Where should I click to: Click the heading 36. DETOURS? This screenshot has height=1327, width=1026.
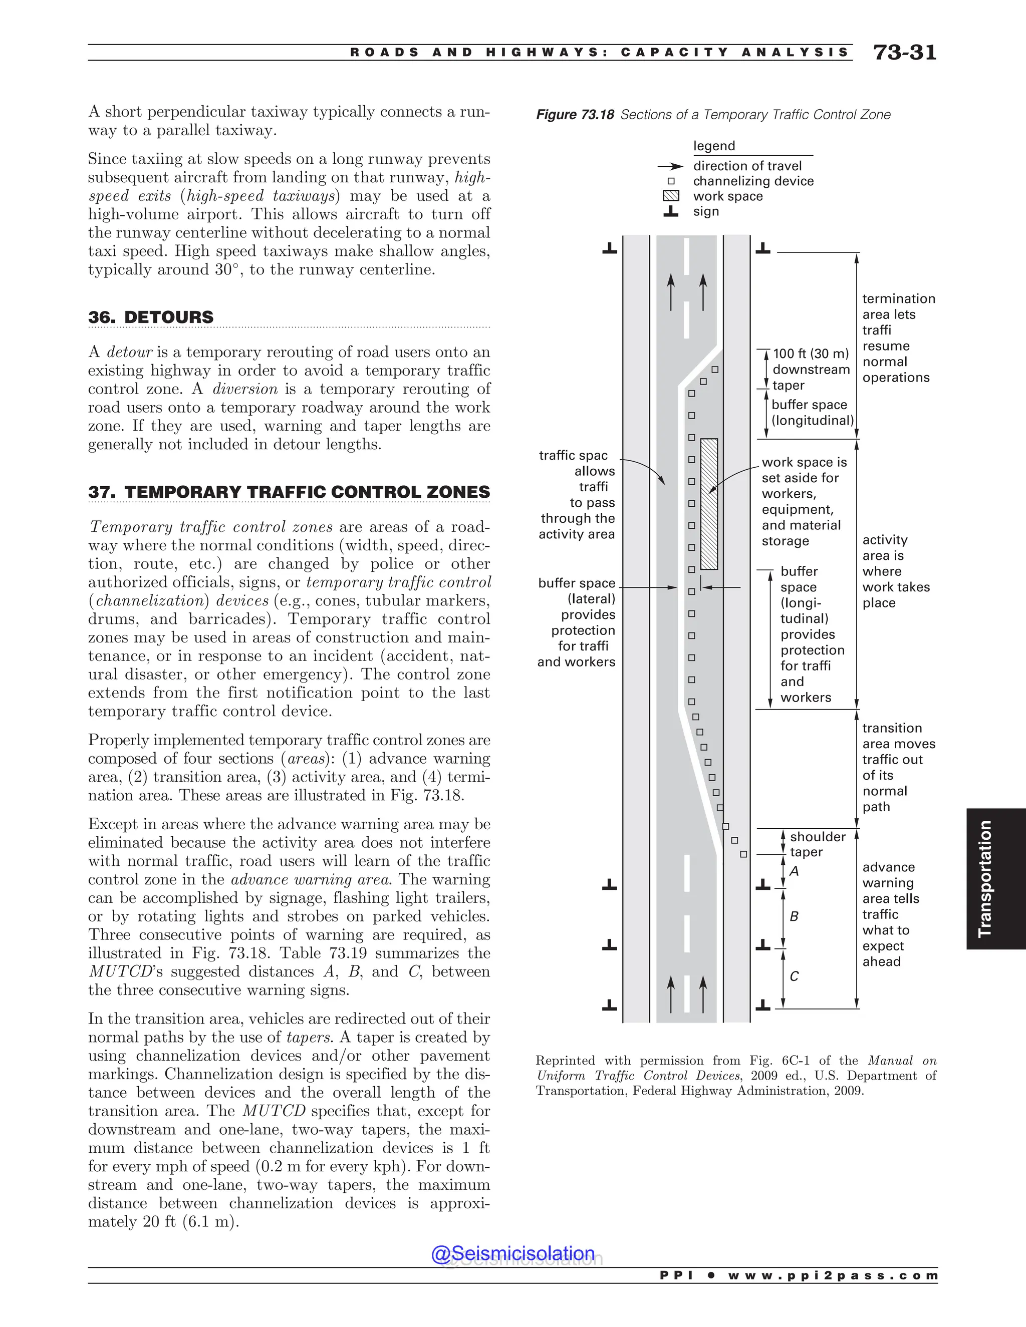click(151, 317)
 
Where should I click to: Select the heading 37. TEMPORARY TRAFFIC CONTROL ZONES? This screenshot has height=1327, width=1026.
click(289, 492)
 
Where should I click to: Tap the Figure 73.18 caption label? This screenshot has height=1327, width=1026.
click(575, 115)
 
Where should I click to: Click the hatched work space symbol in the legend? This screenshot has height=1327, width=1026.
click(670, 196)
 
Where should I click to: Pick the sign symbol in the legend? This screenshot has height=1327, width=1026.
click(670, 211)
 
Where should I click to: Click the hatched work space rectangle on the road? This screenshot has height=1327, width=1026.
click(709, 504)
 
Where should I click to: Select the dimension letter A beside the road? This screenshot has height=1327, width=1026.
click(794, 871)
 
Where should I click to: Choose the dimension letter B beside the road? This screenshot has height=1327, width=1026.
click(794, 916)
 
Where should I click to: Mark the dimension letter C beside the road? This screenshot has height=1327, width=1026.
click(794, 976)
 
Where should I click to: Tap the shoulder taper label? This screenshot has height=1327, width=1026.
click(817, 845)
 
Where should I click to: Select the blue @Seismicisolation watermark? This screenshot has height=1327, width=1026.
click(513, 1253)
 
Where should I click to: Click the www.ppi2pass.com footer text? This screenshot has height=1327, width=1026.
click(832, 1275)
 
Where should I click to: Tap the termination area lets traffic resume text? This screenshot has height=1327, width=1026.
click(897, 338)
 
